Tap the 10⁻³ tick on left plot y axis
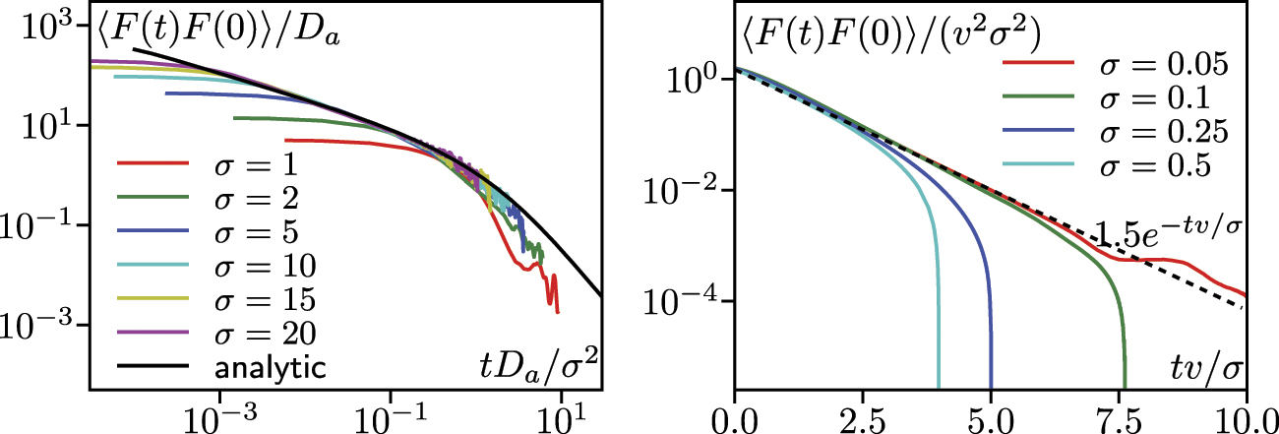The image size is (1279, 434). tap(40, 326)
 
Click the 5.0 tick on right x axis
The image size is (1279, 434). tap(990, 413)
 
